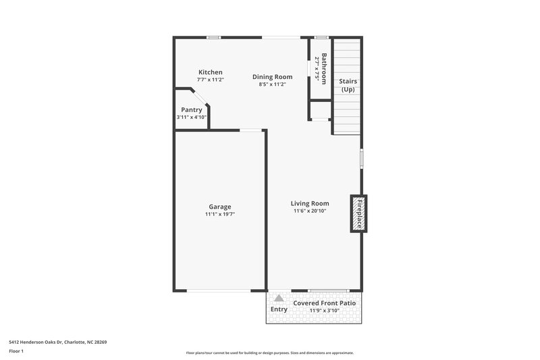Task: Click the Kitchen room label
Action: (x=210, y=72)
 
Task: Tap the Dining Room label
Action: (x=272, y=77)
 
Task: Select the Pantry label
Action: (x=191, y=110)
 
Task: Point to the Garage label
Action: (x=219, y=207)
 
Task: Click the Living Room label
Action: (x=310, y=203)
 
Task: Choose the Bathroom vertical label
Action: (x=325, y=68)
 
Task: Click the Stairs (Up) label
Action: (x=348, y=85)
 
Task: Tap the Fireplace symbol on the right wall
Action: (x=359, y=213)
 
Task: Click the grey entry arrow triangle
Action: (x=279, y=298)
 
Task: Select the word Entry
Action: (x=279, y=309)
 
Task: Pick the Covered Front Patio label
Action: (x=324, y=303)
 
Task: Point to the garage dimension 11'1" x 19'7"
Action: (x=219, y=214)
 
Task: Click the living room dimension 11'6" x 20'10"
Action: (x=310, y=211)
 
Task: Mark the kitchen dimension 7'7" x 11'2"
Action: (x=210, y=80)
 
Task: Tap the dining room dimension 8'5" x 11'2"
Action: (x=272, y=84)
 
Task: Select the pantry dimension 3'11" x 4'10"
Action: (x=191, y=118)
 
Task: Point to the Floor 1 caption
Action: (x=16, y=351)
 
